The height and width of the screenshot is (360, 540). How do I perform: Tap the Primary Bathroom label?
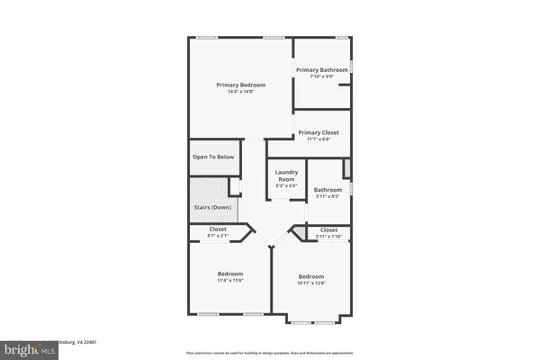pos(322,69)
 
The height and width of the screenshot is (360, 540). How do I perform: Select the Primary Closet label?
pos(321,132)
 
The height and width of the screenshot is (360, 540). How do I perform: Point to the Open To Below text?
pos(213,157)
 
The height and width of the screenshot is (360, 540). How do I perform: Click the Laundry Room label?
pos(285,175)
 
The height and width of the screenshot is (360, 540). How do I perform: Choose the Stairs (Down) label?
pos(212,208)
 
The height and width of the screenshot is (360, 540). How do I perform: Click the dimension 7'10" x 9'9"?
pos(322,76)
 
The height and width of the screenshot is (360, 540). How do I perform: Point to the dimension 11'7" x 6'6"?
pos(321,139)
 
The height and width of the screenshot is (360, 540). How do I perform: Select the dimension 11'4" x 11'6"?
pos(230,281)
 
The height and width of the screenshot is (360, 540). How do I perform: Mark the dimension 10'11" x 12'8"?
pos(311,283)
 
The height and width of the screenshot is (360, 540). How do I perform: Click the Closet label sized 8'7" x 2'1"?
pos(218,229)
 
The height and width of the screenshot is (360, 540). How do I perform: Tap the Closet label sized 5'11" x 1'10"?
pos(329,229)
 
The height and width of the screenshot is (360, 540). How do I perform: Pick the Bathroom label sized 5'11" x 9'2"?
pos(328,190)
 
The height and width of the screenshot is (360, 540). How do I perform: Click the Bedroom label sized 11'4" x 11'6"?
pos(230,274)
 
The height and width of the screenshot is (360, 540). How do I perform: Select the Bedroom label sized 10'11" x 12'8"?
pos(311,276)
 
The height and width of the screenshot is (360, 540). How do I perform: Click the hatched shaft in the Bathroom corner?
pos(346,168)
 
